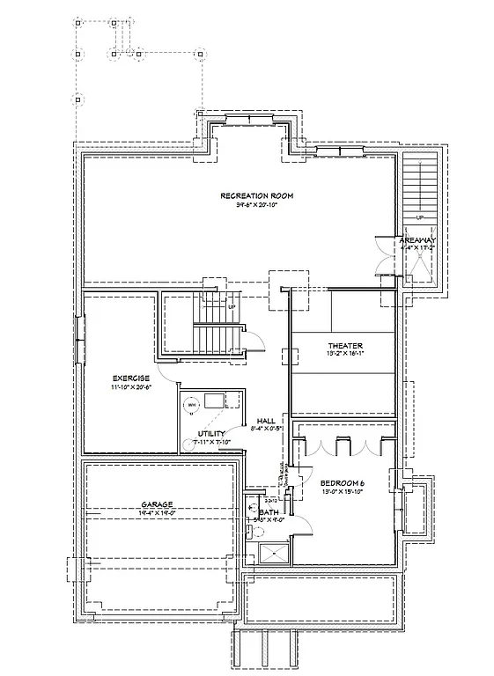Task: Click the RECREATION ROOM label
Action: point(256,195)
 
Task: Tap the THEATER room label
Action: point(345,345)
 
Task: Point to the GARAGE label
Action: point(157,505)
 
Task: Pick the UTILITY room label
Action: point(212,434)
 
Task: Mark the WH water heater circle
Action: point(190,406)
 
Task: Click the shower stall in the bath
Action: point(269,553)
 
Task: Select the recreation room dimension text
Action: point(256,205)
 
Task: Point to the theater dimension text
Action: point(345,354)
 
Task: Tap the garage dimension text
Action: point(157,514)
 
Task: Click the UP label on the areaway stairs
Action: point(420,217)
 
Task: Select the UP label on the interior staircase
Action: point(232,307)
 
